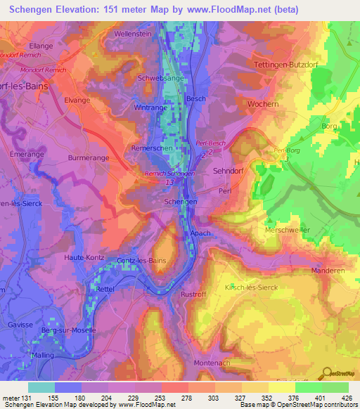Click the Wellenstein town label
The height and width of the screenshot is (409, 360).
134,33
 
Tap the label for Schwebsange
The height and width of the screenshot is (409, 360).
162,78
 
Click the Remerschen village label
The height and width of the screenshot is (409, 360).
150,149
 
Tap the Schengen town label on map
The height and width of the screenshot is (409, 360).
180,201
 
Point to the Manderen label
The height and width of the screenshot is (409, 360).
330,270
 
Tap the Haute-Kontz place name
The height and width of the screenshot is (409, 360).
85,258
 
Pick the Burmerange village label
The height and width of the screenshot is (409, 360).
88,158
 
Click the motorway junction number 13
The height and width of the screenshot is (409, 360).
169,183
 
